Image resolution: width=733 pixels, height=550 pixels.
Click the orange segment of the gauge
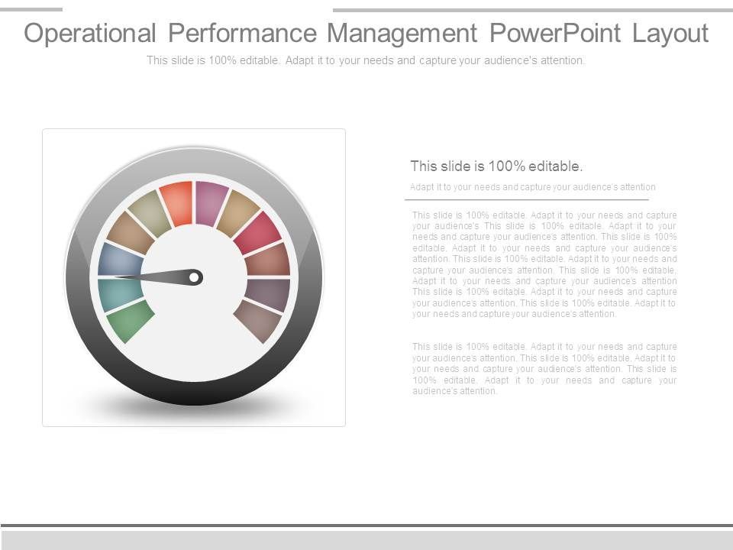click(178, 202)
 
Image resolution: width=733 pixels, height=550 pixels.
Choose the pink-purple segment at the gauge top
click(212, 202)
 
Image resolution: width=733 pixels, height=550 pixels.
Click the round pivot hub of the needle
click(195, 277)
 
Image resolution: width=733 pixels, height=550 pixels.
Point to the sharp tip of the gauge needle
click(116, 276)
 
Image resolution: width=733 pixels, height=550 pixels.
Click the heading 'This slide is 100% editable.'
click(496, 166)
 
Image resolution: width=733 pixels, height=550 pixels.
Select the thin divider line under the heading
click(526, 199)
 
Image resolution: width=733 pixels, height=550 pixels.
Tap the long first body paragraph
click(544, 264)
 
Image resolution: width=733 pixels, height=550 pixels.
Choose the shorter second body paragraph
click(544, 369)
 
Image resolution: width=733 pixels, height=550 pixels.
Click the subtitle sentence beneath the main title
click(366, 60)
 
